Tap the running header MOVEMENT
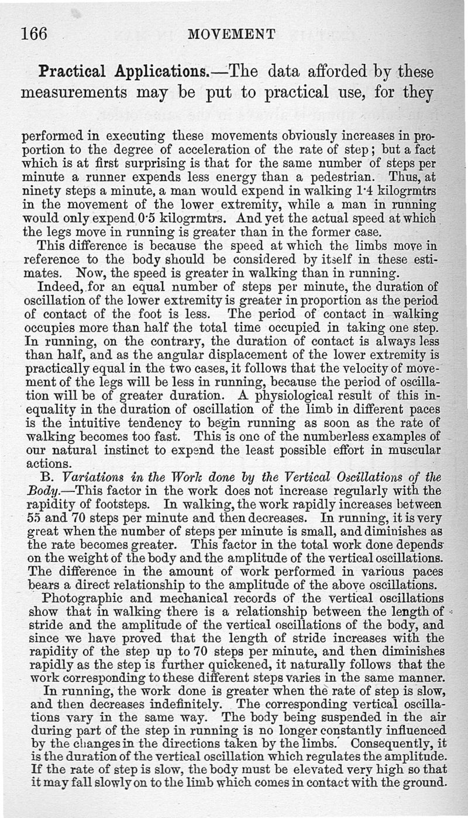pos(233,34)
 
